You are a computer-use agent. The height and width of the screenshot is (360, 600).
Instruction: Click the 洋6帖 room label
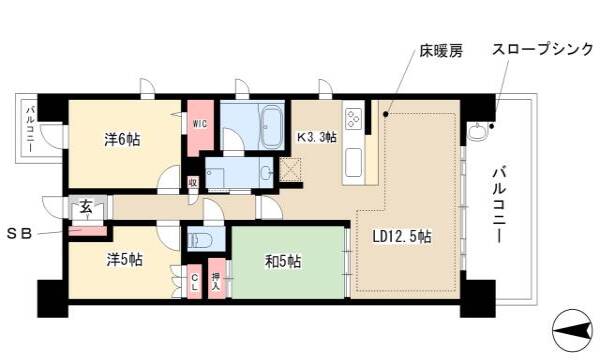122,140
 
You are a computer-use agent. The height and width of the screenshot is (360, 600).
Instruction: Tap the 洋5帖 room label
124,259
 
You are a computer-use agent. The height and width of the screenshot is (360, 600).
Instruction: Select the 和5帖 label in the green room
283,262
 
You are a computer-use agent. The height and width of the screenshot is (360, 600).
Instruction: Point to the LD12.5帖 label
402,236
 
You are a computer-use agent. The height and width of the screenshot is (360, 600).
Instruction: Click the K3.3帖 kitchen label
317,137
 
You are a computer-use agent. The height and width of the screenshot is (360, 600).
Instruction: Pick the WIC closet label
200,124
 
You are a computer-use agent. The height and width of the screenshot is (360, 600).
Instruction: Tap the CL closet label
195,282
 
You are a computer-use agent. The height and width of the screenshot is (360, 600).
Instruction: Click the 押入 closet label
216,280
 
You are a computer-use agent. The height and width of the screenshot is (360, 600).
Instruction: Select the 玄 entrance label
86,208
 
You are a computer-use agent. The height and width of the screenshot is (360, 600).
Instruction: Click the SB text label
20,233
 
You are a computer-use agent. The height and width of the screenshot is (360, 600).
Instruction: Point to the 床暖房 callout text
441,50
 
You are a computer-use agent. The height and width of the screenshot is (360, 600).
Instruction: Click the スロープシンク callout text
542,49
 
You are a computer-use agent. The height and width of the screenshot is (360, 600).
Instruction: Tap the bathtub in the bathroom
271,126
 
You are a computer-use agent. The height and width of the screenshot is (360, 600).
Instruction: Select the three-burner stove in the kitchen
353,119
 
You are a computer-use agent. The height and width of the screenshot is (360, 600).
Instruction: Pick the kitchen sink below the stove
354,162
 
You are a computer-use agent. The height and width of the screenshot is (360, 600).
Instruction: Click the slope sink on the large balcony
477,131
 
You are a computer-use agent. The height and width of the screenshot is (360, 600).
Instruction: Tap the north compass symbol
573,330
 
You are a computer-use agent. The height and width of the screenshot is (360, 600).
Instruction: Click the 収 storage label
193,182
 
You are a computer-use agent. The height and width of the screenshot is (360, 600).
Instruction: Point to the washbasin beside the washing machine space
267,174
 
